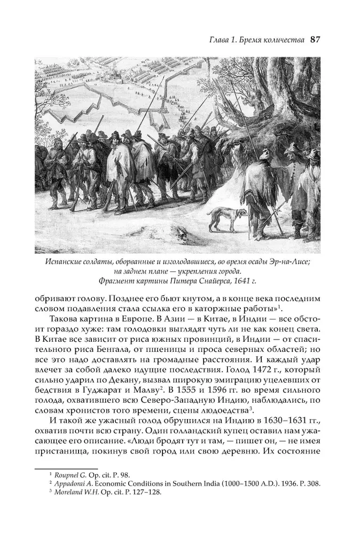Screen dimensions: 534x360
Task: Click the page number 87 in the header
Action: click(314, 40)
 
